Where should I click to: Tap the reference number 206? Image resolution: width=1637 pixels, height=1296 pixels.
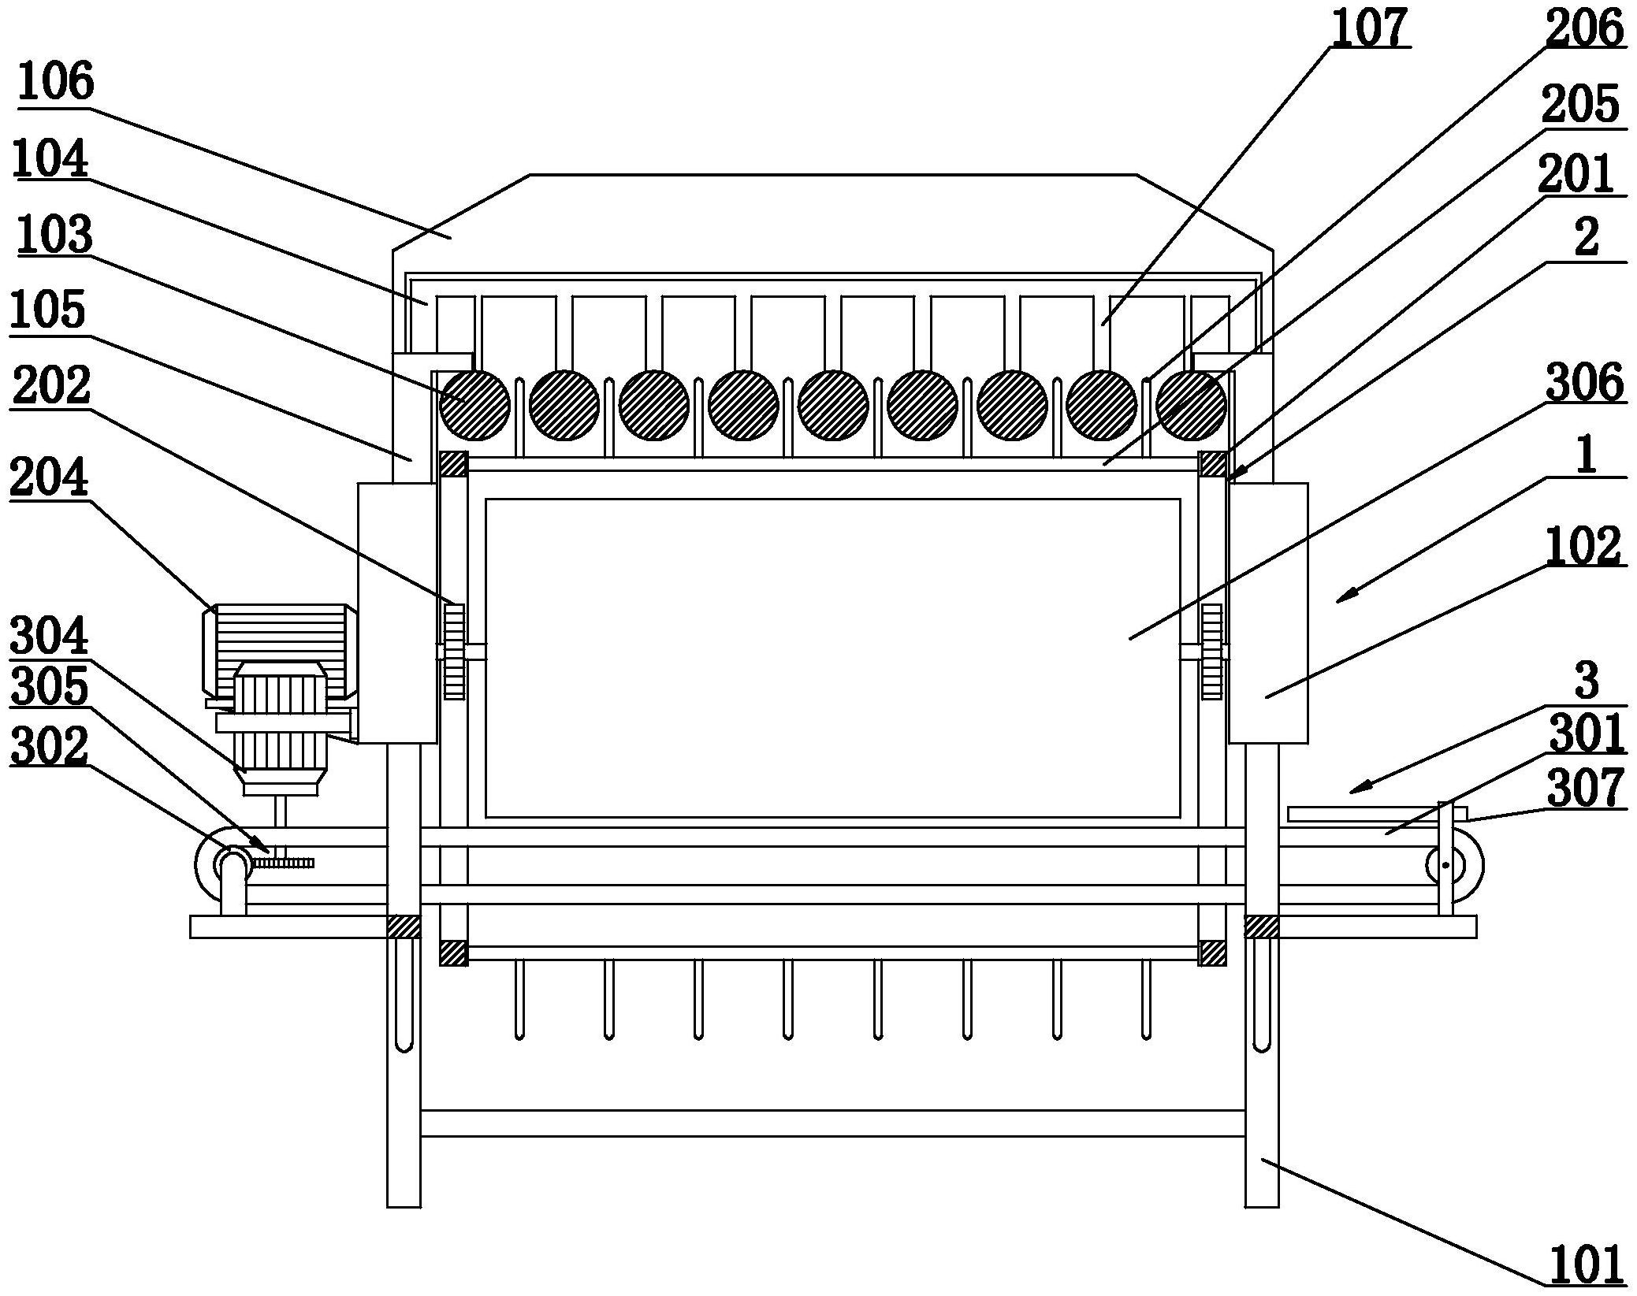1583,29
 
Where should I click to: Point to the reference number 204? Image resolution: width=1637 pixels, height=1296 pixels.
49,479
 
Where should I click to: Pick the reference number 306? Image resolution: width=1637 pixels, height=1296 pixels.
1585,383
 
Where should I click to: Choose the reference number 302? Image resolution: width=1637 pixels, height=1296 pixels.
49,745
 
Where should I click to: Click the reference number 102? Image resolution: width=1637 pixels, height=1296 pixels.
1583,546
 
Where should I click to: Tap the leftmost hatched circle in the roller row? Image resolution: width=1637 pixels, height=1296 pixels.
475,405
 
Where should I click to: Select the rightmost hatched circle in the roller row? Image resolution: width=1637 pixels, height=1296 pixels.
1191,405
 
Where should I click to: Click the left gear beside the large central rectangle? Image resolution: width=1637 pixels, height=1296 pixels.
454,651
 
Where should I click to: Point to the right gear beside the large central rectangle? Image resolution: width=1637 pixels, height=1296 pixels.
1211,651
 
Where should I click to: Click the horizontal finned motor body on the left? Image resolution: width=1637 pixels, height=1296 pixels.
281,651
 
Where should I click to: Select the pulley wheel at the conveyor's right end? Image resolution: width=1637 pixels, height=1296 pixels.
1454,866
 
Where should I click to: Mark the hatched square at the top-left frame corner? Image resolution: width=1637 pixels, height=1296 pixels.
454,463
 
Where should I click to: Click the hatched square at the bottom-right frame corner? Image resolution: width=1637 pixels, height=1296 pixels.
1212,953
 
